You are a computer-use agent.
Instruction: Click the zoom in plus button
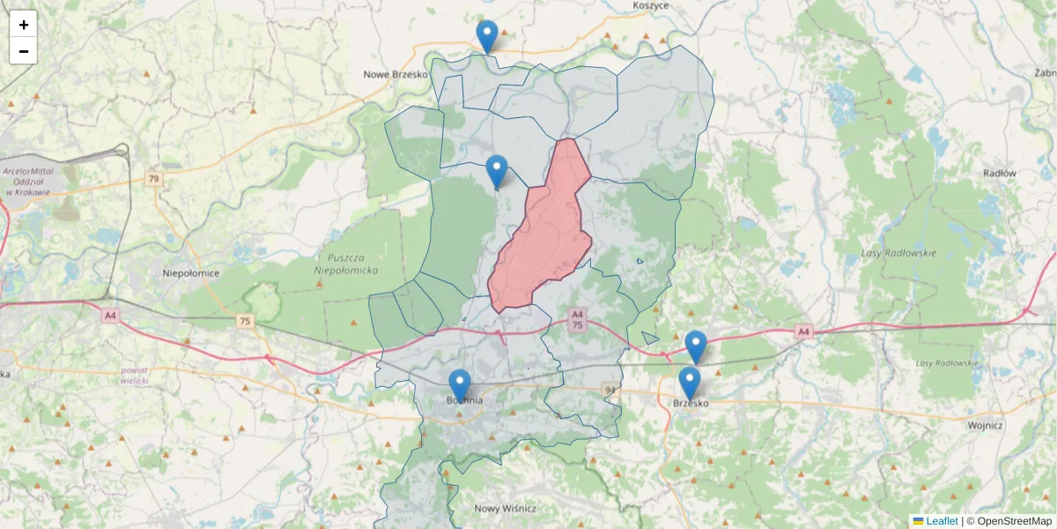(x=23, y=25)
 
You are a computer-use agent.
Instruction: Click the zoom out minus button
(x=23, y=51)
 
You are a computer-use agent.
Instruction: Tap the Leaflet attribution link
(x=941, y=521)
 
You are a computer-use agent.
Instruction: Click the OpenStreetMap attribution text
(x=1014, y=521)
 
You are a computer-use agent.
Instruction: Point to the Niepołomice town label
(x=191, y=273)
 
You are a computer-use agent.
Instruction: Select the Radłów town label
(x=1000, y=174)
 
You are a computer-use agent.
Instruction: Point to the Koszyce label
(x=651, y=5)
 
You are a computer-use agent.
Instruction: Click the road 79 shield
(x=154, y=179)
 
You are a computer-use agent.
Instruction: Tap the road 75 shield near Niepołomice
(x=245, y=322)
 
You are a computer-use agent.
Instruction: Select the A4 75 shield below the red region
(x=577, y=319)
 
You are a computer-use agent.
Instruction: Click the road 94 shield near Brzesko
(x=610, y=389)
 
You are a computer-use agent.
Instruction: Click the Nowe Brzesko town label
(x=395, y=74)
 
